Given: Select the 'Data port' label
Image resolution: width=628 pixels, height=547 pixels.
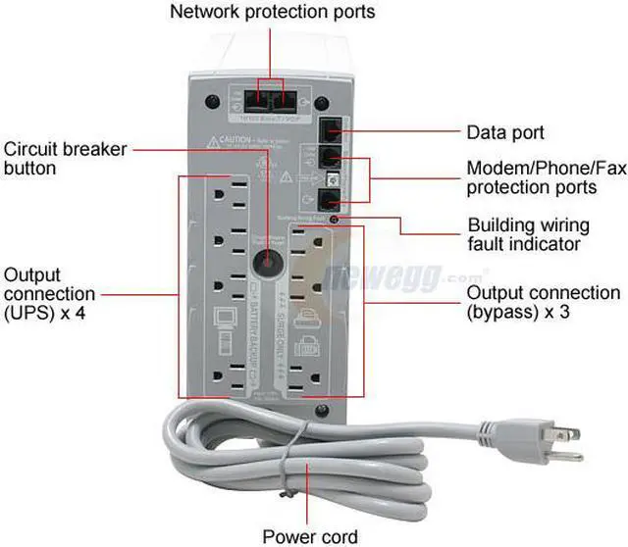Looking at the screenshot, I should coord(504,131).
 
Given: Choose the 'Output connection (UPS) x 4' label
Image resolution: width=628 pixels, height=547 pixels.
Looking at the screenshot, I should coord(49,294).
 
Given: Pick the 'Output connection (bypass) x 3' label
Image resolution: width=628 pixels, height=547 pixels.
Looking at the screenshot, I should coord(543,303).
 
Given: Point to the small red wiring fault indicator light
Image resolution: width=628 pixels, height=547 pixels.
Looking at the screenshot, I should coord(336,220).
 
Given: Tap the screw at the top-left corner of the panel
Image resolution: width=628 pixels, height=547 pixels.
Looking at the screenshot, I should coord(211,100).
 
